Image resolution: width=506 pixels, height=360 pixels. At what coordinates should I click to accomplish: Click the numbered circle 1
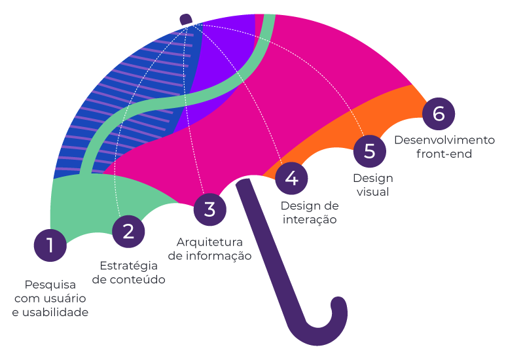(50, 245)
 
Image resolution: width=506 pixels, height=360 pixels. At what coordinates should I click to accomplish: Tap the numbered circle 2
(128, 231)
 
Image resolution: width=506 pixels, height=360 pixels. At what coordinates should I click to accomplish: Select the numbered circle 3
(209, 209)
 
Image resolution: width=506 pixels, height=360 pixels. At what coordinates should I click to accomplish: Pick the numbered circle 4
(291, 178)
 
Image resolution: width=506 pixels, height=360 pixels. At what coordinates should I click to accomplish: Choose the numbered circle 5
(370, 151)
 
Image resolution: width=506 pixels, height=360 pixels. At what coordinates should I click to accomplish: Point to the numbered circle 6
(439, 113)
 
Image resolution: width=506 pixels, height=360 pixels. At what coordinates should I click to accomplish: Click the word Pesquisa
(50, 285)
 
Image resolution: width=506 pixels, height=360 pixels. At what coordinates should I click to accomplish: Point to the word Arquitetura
(209, 242)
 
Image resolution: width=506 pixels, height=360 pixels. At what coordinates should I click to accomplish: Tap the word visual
(373, 192)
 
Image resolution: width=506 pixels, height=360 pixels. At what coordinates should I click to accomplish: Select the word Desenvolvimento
(444, 140)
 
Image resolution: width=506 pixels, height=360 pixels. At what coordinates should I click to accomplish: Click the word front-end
(444, 154)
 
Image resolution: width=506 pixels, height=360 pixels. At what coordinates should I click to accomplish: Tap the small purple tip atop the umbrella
(185, 19)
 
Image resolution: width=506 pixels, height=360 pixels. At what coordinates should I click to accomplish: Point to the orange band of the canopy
(367, 121)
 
